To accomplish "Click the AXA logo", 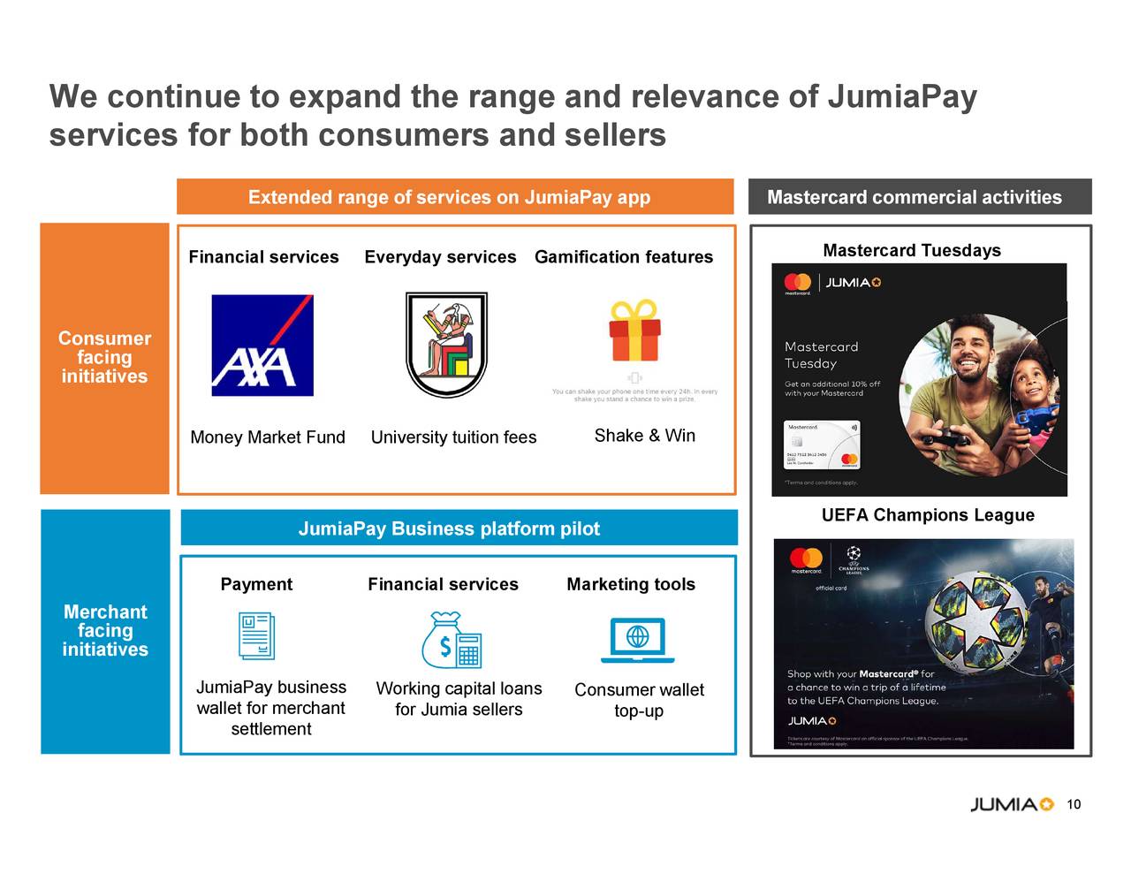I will pos(262,346).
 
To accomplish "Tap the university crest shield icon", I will pos(446,345).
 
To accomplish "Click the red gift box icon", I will pos(634,331).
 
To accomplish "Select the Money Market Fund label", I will pos(268,437).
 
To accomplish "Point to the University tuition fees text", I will pos(453,437).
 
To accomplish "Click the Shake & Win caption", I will pos(644,436).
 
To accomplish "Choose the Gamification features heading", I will pos(623,257).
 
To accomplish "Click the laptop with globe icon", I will pos(637,640).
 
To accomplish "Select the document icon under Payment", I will pos(257,636).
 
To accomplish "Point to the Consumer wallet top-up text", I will pos(639,700).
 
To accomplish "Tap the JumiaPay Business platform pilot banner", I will pos(459,528).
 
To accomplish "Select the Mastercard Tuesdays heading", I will pos(912,251).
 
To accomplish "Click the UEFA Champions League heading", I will pos(927,515).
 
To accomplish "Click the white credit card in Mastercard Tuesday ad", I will pos(822,445).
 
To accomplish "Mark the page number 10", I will pos(1074,804).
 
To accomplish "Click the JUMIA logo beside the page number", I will pos(1012,804).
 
